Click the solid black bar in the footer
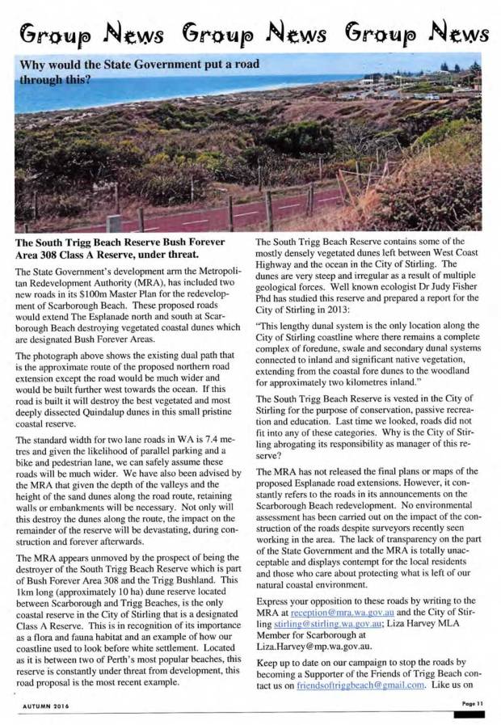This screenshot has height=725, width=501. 469,715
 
